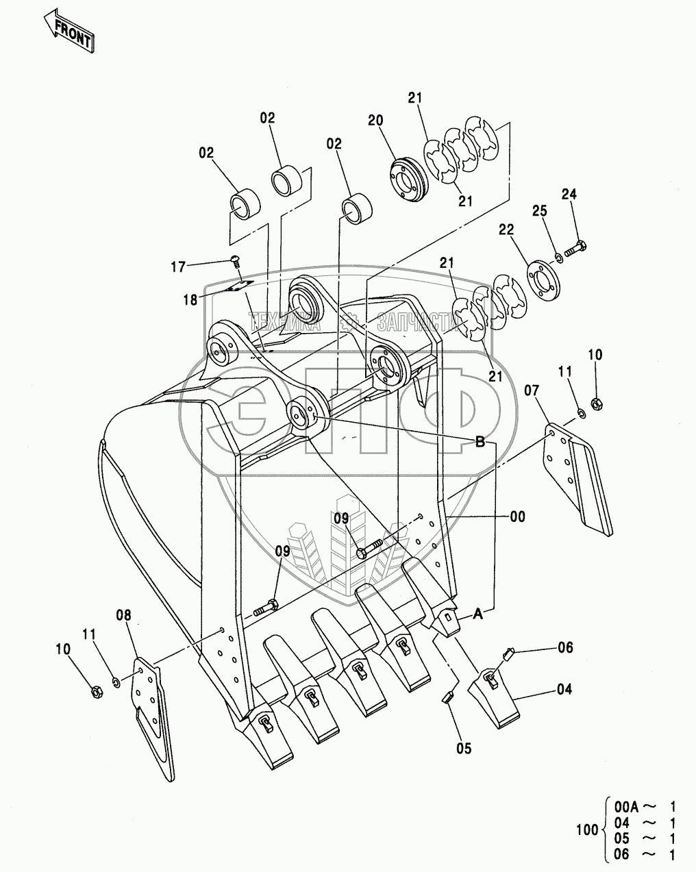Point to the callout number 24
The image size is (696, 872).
click(x=569, y=195)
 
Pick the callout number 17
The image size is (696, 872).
click(x=178, y=267)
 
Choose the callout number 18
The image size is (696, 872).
click(x=190, y=299)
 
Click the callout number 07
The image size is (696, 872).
click(x=532, y=391)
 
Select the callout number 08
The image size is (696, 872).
click(x=123, y=615)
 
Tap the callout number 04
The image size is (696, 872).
click(x=564, y=690)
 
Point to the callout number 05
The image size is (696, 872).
click(x=464, y=749)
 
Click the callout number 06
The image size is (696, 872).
click(x=564, y=647)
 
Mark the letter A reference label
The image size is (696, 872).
click(x=478, y=615)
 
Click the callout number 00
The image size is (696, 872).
click(x=518, y=516)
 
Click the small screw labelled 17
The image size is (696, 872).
click(x=235, y=260)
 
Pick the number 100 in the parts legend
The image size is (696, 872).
click(x=587, y=831)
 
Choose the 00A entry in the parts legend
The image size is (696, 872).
click(x=626, y=808)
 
